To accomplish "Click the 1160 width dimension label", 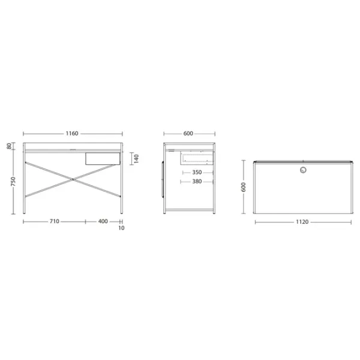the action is [72, 133].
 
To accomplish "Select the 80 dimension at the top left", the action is [9, 146].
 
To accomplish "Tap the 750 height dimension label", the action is [13, 181].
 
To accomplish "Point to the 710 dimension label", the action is [55, 221].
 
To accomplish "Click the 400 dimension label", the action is [103, 221].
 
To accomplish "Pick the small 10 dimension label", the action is [121, 228].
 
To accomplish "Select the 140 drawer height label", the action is [136, 158].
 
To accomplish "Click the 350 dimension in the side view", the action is [197, 172].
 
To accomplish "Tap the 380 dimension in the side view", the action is [197, 181].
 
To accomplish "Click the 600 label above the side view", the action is [188, 133].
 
